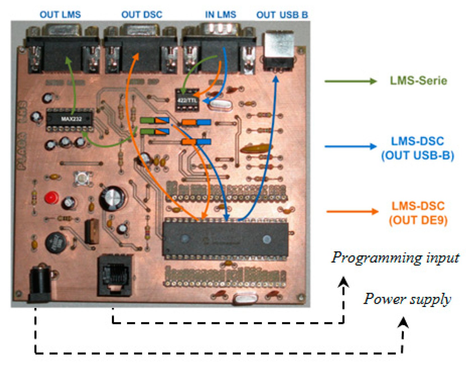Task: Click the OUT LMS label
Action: tap(60, 15)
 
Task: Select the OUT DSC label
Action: tap(142, 15)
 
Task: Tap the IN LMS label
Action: tap(220, 15)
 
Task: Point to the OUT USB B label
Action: tap(282, 15)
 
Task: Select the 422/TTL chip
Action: tap(187, 100)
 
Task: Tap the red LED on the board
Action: tap(51, 198)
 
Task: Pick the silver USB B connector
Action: tap(278, 50)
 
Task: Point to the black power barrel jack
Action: tap(40, 285)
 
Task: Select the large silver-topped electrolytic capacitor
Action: tap(112, 198)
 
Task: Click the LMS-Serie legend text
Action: tap(418, 81)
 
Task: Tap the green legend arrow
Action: tap(350, 81)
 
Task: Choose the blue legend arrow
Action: tap(350, 146)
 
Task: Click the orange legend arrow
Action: tap(352, 211)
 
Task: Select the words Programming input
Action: tap(395, 257)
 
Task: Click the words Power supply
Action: tap(407, 299)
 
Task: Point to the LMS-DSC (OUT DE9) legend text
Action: tap(418, 213)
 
